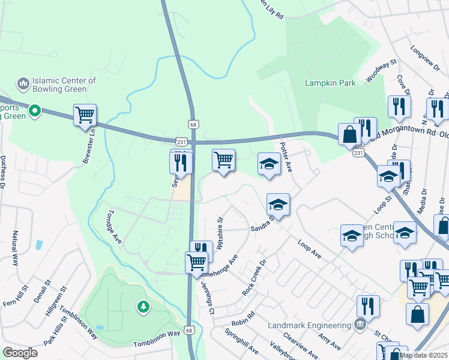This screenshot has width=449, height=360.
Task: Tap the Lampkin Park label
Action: pos(330,83)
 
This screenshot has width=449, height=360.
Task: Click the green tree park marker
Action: pos(143,307)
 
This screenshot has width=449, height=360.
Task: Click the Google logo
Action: pos(20,353)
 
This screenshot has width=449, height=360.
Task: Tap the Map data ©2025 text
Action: pos(423,355)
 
